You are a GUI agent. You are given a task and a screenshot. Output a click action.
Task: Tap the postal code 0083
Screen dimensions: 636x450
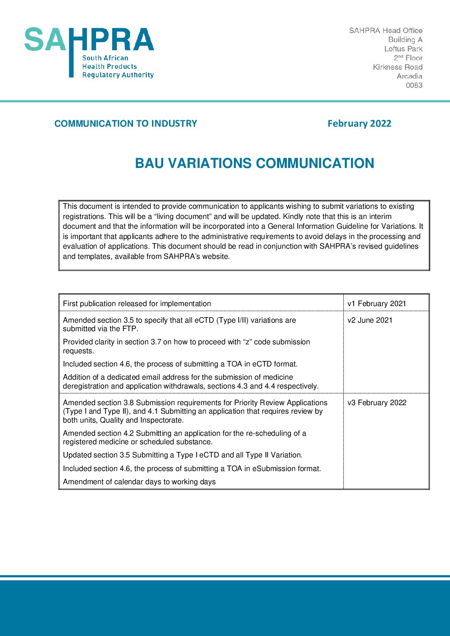[x=414, y=85]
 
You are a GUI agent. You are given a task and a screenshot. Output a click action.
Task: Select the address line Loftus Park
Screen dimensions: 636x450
[x=403, y=49]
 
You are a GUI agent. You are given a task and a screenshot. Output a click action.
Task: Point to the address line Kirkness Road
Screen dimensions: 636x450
[x=397, y=67]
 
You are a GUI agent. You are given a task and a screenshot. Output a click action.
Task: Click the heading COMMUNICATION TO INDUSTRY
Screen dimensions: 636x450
[x=126, y=124]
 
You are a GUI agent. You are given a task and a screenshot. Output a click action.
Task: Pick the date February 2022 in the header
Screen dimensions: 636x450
[x=359, y=124]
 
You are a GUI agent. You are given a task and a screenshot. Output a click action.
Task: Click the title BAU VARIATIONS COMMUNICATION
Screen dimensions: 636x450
[x=255, y=163]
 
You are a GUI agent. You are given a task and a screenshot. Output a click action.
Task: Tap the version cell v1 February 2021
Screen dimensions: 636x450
[x=376, y=304]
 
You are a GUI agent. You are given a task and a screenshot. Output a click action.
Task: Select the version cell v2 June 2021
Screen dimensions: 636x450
[x=370, y=320]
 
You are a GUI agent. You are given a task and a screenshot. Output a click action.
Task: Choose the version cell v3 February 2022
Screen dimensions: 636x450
[x=377, y=403]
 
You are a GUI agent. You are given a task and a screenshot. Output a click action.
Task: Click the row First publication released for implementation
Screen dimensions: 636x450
[x=137, y=304]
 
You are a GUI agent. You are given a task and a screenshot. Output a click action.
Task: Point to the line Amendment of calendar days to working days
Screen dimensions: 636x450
[x=139, y=482]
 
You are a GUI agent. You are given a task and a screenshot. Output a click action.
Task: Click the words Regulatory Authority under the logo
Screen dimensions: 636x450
[x=118, y=75]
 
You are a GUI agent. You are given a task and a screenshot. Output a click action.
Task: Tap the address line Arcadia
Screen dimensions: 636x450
[x=409, y=76]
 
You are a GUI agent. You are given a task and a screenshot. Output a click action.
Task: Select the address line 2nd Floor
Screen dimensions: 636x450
[x=408, y=58]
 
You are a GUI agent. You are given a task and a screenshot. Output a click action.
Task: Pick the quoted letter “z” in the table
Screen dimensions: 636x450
[x=247, y=342]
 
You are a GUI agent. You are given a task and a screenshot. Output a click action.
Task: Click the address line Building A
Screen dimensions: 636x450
[x=405, y=40]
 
